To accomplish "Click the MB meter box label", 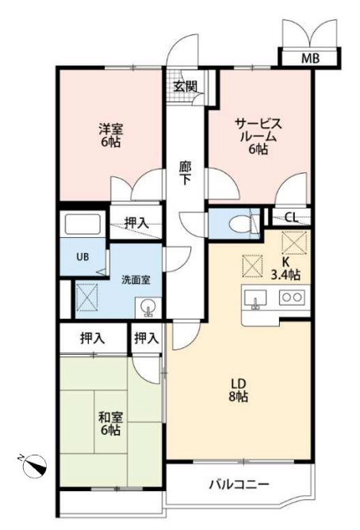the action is pos(310,59).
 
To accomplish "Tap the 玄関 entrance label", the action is pos(185,86).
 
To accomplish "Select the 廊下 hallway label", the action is pos(185,173).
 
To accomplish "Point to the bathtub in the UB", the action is pos(82,224).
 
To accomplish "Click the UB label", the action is pos(82,257).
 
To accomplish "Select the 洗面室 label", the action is pos(136,280).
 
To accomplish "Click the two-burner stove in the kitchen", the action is pos(292,297).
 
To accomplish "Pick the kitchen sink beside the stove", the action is pos(255,298).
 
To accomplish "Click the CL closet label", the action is pos(292,217).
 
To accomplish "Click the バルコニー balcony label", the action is pos(239,484).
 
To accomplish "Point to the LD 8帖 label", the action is pos(239,390).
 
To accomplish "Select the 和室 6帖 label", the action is pos(111,424).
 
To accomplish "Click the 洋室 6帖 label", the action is pos(111,135).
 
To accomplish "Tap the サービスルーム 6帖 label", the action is pos(259,136).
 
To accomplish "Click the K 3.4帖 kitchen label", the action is pos(285,270).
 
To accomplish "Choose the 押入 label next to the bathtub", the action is pos(136,223).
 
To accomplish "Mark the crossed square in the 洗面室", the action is pos(87,298).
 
